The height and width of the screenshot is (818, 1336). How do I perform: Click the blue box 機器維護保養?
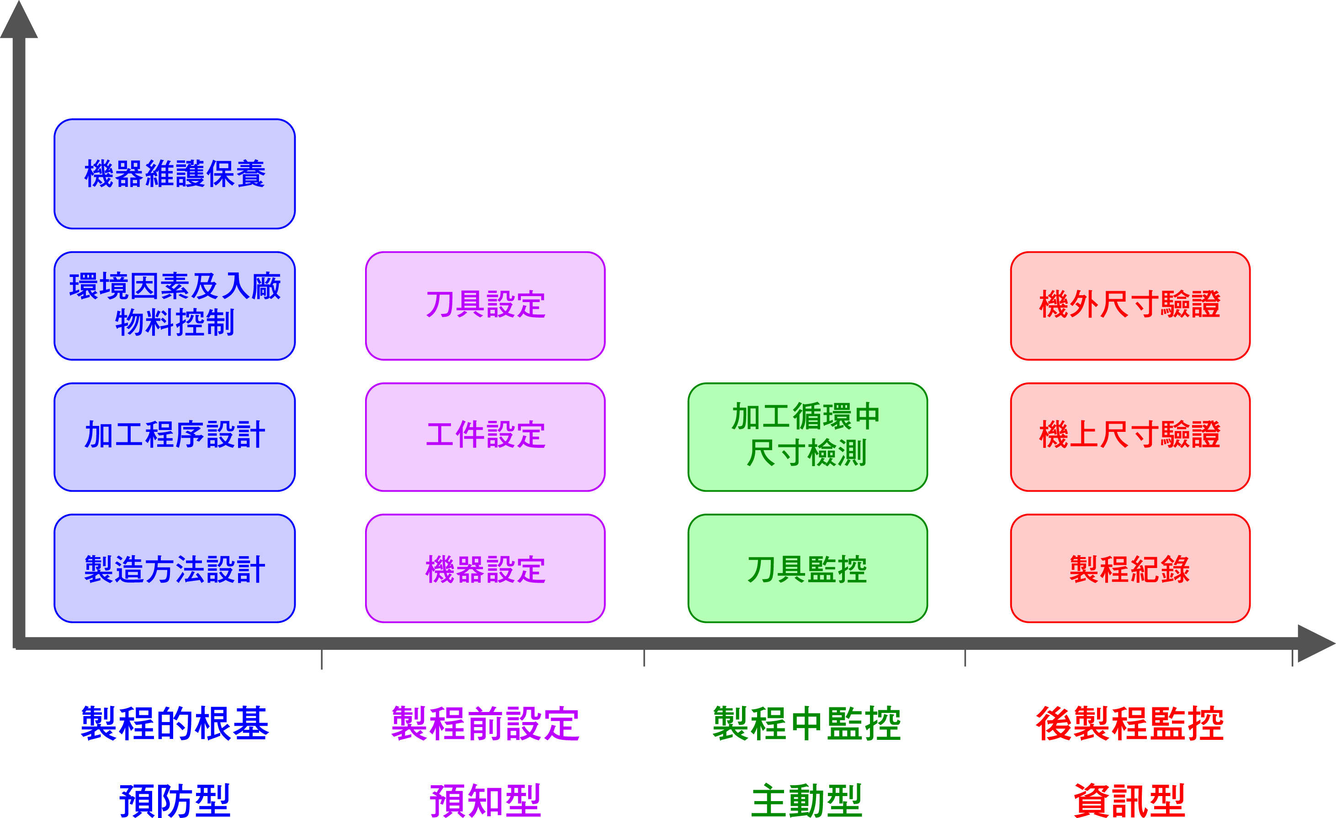pos(175,174)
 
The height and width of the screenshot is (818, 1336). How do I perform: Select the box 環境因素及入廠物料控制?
pos(175,305)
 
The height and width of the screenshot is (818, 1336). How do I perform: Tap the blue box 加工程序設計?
pos(175,437)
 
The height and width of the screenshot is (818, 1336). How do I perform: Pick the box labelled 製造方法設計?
pos(175,568)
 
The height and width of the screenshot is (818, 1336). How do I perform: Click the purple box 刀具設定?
pos(485,305)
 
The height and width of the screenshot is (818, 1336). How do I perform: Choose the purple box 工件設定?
pos(485,437)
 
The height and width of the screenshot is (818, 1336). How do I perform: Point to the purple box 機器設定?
pos(485,568)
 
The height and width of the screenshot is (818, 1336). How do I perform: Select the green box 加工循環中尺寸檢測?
pos(807,437)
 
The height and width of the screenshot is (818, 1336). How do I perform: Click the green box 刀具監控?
pos(807,568)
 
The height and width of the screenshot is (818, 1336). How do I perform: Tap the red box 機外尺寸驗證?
pos(1130,305)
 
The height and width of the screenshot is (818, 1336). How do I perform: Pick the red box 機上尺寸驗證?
pos(1130,437)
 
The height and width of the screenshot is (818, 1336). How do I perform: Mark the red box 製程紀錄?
pos(1130,568)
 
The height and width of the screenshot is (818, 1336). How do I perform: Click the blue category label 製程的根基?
pos(175,723)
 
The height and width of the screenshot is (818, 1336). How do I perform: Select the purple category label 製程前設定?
pos(485,723)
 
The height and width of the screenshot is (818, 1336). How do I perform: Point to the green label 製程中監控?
pos(807,723)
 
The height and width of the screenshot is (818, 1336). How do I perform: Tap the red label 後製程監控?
pos(1130,723)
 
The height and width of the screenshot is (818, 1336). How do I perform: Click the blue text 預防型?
pos(175,800)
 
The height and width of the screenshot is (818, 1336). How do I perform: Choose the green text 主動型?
pos(807,800)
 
